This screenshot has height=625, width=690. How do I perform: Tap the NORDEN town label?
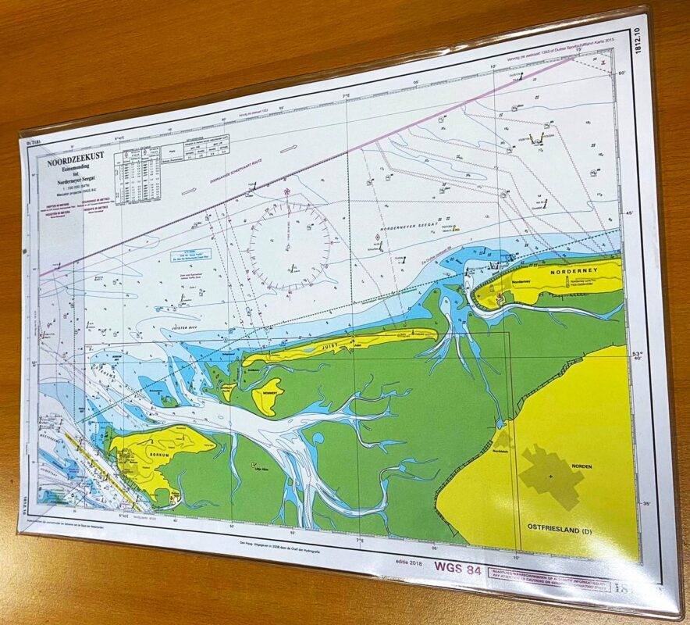point(580,466)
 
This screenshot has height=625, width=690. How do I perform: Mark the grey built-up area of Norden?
point(550,474)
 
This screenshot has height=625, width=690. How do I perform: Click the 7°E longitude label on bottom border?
point(360,538)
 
